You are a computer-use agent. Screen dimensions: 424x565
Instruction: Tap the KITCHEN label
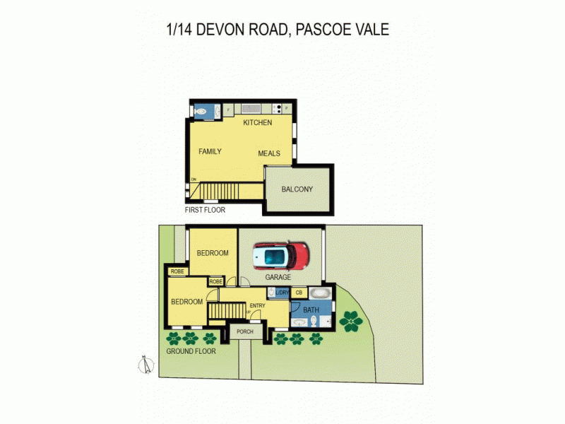point(257,123)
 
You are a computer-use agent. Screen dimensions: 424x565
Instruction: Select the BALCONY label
point(297,189)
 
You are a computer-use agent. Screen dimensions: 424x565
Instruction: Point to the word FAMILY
point(210,151)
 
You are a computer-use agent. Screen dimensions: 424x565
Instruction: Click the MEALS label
point(269,153)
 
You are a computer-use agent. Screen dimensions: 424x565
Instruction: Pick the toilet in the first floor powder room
point(201,110)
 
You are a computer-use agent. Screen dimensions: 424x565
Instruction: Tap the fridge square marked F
point(229,110)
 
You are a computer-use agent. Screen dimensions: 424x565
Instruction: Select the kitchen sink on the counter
point(251,109)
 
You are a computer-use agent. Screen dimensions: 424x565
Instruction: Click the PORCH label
point(245,331)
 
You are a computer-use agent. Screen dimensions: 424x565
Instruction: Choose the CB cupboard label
point(299,292)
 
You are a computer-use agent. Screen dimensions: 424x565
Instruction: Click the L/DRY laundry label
point(282,292)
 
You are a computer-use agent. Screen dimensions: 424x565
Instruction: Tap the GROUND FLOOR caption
point(191,351)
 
